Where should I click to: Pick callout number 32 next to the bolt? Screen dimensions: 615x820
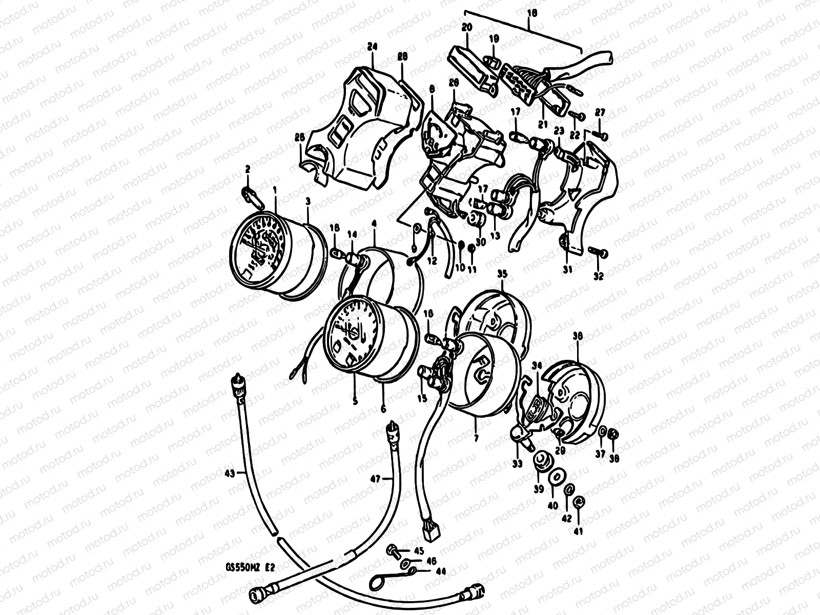pyautogui.click(x=598, y=277)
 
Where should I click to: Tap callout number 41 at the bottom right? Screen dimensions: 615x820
pyautogui.click(x=579, y=532)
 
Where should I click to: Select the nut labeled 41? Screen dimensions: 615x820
pyautogui.click(x=579, y=502)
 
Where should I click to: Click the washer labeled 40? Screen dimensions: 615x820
pyautogui.click(x=555, y=476)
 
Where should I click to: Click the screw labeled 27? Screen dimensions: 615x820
pyautogui.click(x=600, y=136)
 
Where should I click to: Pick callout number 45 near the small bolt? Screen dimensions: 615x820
pyautogui.click(x=419, y=551)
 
